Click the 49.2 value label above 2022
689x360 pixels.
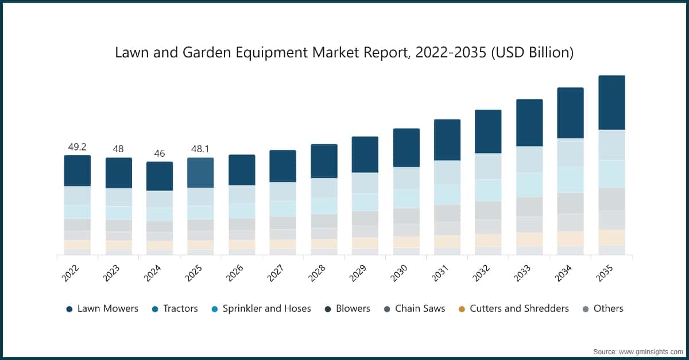[77, 147]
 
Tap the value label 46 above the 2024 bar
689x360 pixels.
[159, 153]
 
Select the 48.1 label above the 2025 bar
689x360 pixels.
[200, 149]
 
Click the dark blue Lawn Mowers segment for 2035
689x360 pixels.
[611, 102]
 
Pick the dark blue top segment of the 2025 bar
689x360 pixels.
[200, 172]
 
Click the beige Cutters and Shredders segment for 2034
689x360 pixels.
[570, 239]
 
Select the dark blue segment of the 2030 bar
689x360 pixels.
[406, 148]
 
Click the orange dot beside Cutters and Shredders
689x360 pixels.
[462, 309]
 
